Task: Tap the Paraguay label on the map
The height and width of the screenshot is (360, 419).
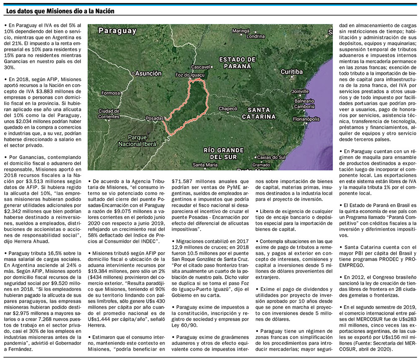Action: [117, 31]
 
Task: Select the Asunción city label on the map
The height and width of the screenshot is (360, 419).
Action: [148, 73]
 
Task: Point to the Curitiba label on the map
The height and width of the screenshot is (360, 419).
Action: [292, 72]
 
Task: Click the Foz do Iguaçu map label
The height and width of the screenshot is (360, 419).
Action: [190, 75]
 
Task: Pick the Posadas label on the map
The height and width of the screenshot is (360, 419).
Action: [154, 118]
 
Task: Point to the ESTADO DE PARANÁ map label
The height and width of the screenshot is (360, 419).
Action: [237, 62]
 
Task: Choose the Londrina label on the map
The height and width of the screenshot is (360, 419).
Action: [256, 36]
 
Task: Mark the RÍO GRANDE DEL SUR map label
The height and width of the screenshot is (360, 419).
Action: [223, 153]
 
